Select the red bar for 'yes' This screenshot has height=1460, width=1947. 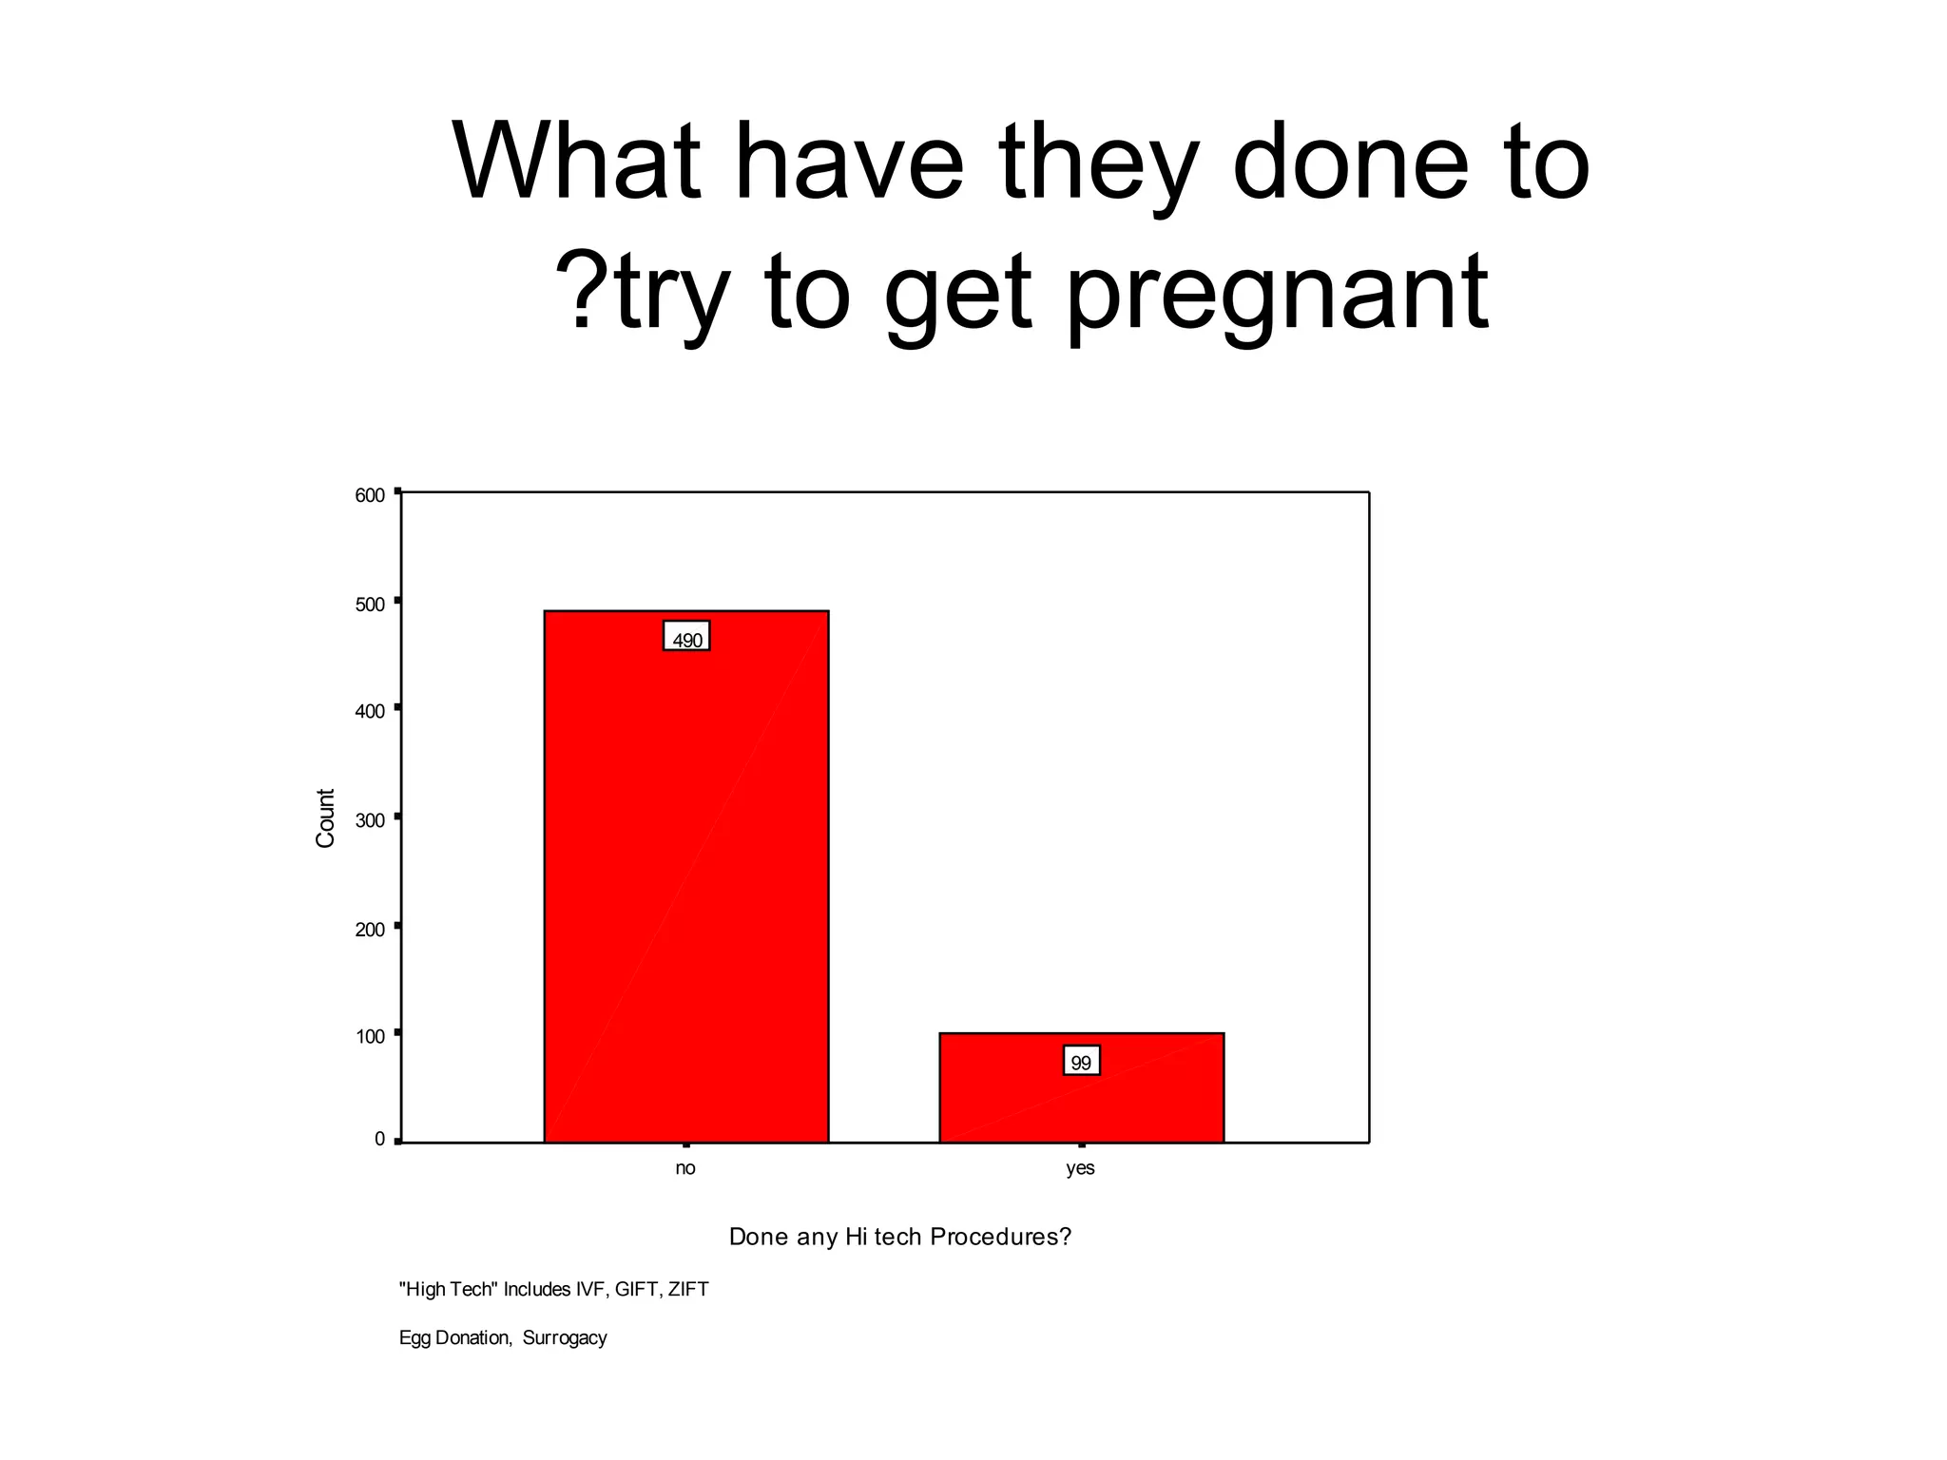point(1081,1103)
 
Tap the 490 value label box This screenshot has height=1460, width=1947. point(686,637)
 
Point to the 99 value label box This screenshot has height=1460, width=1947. point(1081,1061)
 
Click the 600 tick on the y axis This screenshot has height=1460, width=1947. point(370,495)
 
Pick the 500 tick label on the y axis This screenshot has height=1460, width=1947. point(370,605)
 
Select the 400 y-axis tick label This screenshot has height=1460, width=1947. point(370,711)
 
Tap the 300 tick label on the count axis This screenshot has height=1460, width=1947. point(370,819)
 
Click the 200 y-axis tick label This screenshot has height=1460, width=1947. point(370,929)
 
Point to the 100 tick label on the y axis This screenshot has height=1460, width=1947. point(370,1036)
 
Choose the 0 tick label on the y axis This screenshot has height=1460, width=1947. point(379,1139)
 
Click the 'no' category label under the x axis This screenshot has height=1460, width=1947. point(685,1168)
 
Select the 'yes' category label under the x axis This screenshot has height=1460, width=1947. point(1081,1168)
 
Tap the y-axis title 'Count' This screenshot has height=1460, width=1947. point(325,817)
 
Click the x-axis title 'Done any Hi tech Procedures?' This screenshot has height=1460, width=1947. point(899,1237)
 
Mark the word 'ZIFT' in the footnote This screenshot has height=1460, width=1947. point(688,1290)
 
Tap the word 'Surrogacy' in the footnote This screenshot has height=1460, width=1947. point(565,1338)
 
